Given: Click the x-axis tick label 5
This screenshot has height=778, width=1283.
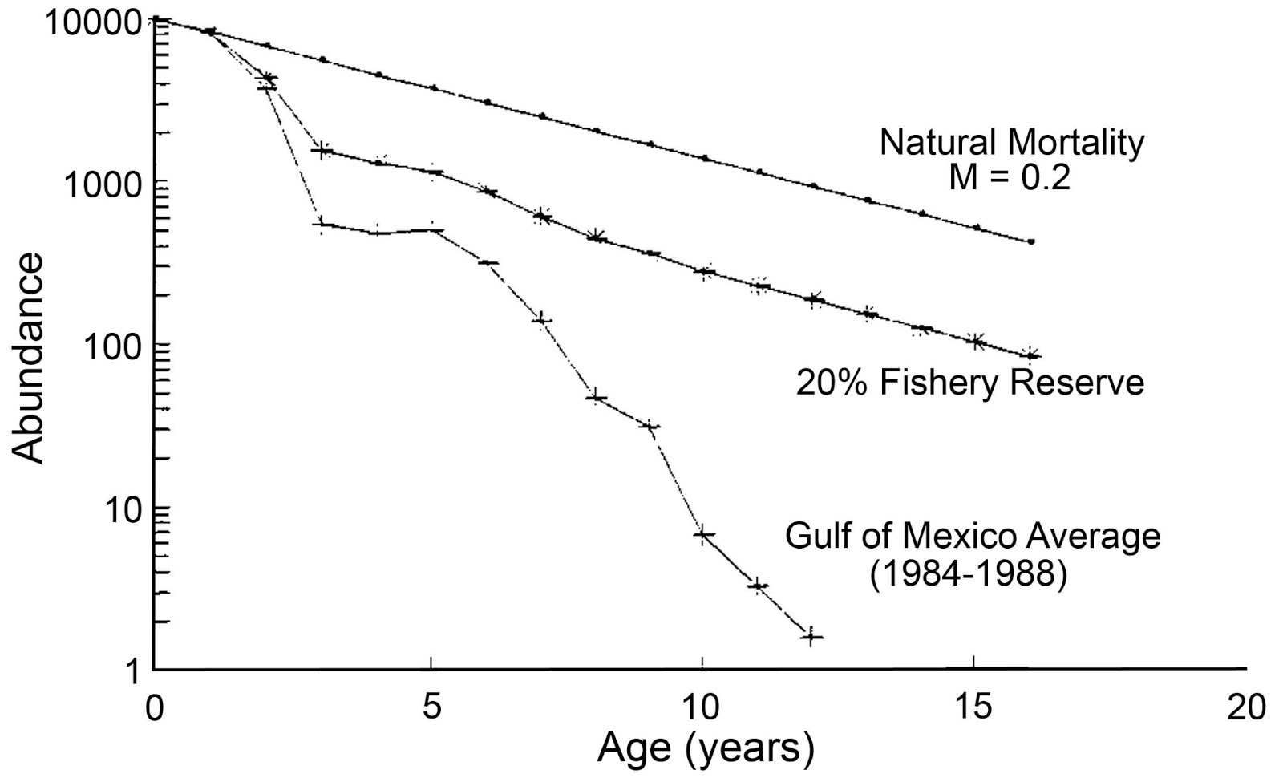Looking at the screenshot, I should click(431, 708).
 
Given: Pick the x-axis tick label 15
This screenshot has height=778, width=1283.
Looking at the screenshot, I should click(973, 708).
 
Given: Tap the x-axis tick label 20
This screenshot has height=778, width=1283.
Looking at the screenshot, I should click(1245, 708).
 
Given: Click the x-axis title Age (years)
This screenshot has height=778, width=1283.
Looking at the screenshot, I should click(706, 748).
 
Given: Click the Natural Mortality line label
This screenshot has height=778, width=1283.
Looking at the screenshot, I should click(1012, 143).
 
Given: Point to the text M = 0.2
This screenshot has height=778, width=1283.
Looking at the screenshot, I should click(1010, 177).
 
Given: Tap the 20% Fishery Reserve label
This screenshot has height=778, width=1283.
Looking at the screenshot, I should click(969, 382).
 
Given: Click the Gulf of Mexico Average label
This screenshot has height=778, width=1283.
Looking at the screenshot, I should click(973, 535).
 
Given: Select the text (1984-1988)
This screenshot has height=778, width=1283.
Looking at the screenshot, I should click(969, 574).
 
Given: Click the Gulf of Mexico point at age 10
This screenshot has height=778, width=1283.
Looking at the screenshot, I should click(703, 535).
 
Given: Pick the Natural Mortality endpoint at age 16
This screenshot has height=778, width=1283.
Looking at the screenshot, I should click(1031, 241).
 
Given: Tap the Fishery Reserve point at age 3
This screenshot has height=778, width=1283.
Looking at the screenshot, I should click(322, 151).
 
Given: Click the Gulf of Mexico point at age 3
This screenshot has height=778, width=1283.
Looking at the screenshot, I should click(322, 225).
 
